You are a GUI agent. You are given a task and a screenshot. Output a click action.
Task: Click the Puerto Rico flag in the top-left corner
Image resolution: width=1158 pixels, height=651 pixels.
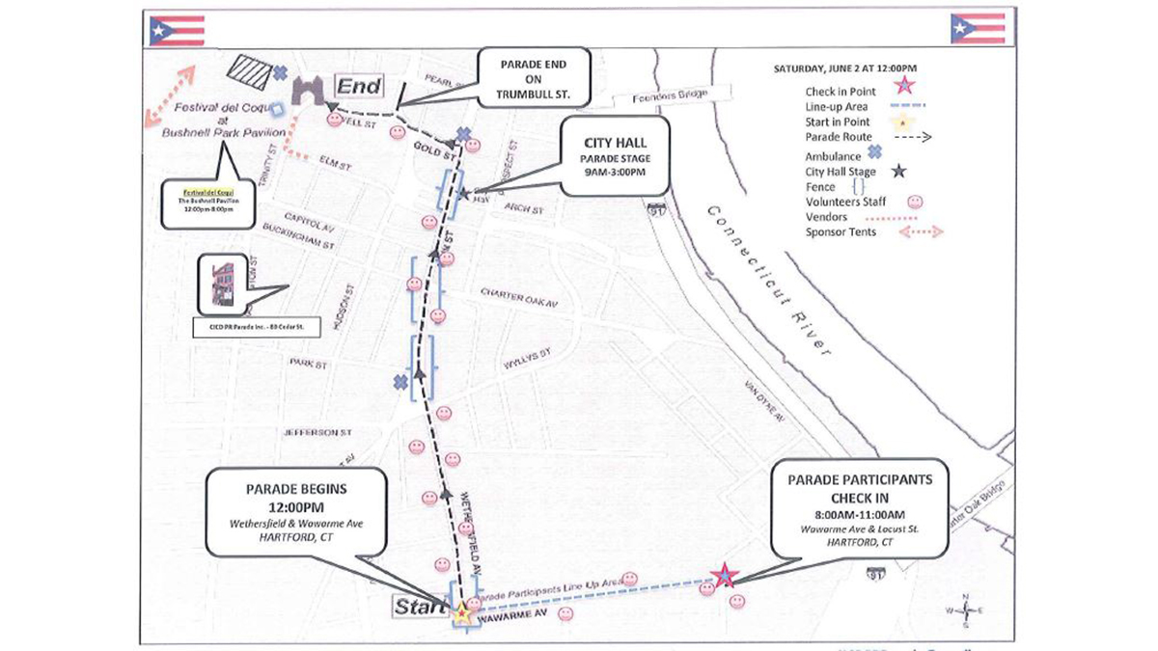pyautogui.click(x=177, y=31)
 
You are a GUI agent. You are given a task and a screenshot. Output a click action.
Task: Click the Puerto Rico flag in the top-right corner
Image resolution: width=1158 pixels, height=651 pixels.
pyautogui.click(x=978, y=30)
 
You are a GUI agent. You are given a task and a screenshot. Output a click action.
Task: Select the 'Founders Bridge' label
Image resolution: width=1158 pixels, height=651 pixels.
pyautogui.click(x=670, y=96)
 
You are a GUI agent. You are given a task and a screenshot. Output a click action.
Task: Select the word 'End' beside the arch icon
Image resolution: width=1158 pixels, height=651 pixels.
pyautogui.click(x=358, y=86)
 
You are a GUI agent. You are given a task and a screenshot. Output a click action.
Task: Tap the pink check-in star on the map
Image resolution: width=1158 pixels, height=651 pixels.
pyautogui.click(x=726, y=576)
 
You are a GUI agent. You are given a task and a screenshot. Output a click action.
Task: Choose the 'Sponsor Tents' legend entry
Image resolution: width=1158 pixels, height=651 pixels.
pyautogui.click(x=841, y=232)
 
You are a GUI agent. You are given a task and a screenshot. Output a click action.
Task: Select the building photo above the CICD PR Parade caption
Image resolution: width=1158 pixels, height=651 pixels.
pyautogui.click(x=220, y=285)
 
